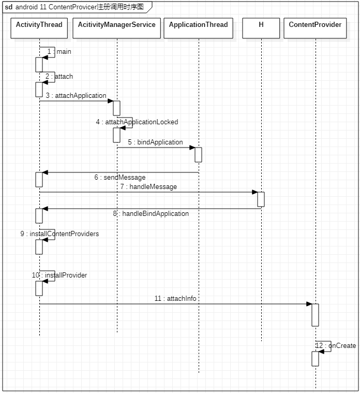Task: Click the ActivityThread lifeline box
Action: click(x=39, y=28)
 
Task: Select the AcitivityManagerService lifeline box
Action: click(x=116, y=28)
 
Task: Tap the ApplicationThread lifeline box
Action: click(x=198, y=28)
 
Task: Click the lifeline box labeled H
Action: click(x=261, y=28)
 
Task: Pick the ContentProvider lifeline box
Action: click(x=315, y=28)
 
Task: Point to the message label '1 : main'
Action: click(x=59, y=52)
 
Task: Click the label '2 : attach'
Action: click(x=59, y=77)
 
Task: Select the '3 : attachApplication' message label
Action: click(x=76, y=96)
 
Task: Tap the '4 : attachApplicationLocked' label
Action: click(x=137, y=122)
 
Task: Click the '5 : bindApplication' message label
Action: click(x=156, y=142)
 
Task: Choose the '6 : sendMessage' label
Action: click(x=120, y=178)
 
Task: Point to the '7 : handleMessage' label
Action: click(x=148, y=187)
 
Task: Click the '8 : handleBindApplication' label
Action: click(x=151, y=214)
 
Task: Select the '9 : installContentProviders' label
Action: click(x=59, y=234)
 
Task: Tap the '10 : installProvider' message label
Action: click(x=59, y=275)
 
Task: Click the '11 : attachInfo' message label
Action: click(x=175, y=299)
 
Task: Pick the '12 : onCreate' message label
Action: click(x=336, y=346)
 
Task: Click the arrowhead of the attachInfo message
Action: click(x=309, y=304)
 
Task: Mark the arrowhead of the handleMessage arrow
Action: click(x=254, y=192)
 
